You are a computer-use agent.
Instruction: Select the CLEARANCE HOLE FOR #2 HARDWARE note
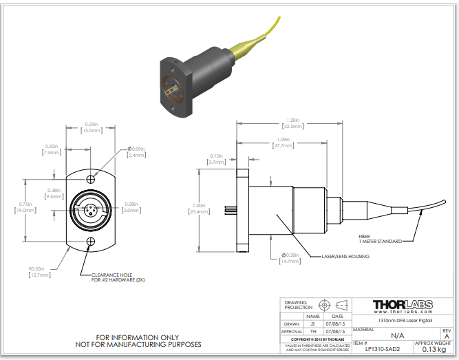click(x=118, y=277)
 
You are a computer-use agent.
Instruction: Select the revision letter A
click(x=447, y=336)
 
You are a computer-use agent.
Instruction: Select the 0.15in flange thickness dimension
click(x=217, y=159)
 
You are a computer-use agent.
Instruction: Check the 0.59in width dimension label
click(x=91, y=127)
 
